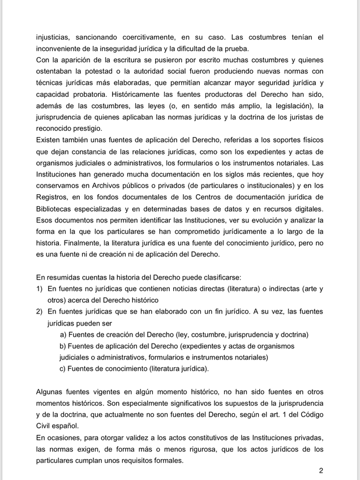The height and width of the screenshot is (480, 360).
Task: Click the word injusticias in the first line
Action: click(55, 37)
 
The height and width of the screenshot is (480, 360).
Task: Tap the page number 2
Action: click(321, 471)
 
